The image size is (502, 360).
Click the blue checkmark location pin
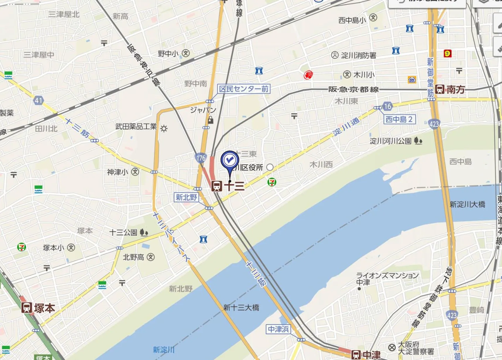click(230, 160)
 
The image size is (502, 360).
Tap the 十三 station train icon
click(217, 186)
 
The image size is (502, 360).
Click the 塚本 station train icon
click(27, 308)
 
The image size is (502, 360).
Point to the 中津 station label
click(372, 355)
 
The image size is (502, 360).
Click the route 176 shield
click(201, 158)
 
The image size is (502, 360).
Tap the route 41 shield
click(38, 101)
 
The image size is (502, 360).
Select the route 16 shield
click(387, 106)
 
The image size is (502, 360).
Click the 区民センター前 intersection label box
click(244, 89)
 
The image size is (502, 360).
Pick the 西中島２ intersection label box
click(399, 119)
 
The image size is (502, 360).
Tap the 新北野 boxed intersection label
click(186, 197)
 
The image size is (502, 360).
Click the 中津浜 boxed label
click(278, 329)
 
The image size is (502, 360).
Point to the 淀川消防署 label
click(358, 55)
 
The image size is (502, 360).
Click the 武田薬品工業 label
click(136, 127)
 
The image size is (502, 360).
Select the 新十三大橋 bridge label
click(241, 308)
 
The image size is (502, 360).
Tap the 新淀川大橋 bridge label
click(467, 204)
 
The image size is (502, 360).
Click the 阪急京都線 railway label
click(353, 89)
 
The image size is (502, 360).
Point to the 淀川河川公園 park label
click(391, 141)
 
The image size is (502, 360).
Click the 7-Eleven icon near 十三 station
click(272, 182)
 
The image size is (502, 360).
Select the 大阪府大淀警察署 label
click(416, 348)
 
